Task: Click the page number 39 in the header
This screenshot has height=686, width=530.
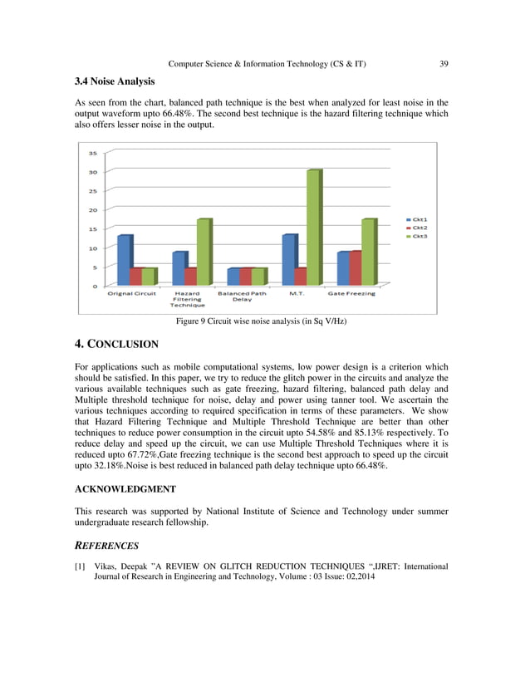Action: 444,64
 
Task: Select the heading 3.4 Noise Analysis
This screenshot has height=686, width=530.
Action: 114,81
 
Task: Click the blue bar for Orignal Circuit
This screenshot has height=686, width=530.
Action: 124,260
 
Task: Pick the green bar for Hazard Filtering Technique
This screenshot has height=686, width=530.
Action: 203,252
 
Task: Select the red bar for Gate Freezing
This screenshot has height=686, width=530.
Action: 356,267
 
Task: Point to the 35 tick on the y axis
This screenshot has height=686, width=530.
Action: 92,153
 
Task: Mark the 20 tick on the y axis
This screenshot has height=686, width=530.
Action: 92,210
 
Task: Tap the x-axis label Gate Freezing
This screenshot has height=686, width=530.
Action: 351,293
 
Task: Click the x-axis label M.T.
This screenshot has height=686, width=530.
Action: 295,293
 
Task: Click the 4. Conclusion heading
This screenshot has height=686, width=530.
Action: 116,344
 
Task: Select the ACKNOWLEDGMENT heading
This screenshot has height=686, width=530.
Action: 125,490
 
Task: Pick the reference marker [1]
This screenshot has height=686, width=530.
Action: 80,566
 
